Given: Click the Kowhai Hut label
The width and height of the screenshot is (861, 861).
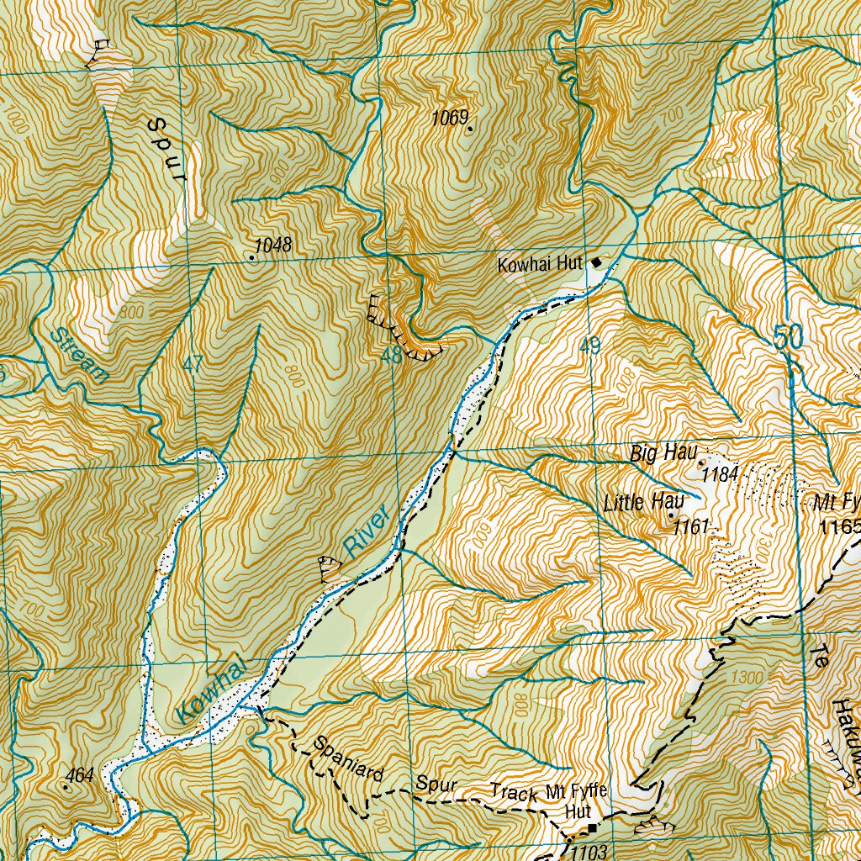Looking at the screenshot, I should pos(540,265).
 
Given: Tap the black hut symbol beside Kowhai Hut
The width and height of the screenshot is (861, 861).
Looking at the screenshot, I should pos(597,262).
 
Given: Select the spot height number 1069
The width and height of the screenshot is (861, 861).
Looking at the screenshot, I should pos(450,118).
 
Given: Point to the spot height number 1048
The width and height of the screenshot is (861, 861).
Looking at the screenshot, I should pos(273,246).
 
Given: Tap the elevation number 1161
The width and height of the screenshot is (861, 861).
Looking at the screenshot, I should pos(692,527).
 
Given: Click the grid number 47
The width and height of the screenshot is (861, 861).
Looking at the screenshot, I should pos(193,365).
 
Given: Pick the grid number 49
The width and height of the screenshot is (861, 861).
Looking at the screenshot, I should pos(590,346).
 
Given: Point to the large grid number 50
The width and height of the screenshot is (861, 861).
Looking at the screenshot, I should pos(789,338).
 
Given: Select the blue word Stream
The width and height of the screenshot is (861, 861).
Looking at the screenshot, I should pos(78,356).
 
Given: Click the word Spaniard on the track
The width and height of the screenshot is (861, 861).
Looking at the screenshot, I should pos(349,758).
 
